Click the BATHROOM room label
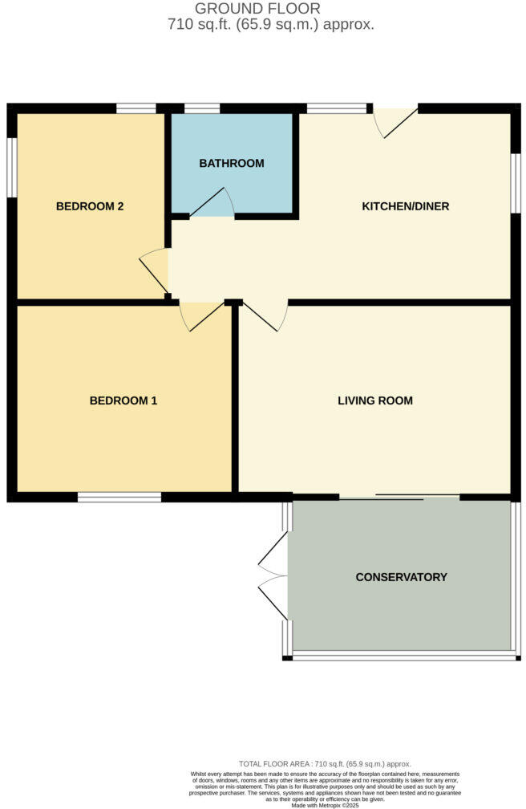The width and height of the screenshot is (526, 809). [x=232, y=164]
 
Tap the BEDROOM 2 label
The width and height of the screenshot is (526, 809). [x=90, y=206]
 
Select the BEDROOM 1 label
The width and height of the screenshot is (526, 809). [x=123, y=400]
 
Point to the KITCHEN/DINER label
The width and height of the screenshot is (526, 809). [x=406, y=206]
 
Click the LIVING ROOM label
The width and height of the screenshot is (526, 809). [x=375, y=400]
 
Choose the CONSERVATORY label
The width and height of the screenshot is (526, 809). [x=402, y=577]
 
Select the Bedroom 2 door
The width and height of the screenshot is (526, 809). [x=155, y=269]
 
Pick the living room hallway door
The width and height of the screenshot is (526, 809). [x=265, y=315]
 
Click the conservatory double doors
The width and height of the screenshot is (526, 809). [x=273, y=576]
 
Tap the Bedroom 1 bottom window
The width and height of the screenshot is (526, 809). [x=119, y=498]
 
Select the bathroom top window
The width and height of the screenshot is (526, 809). [x=202, y=108]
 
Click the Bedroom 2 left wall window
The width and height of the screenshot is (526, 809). [x=12, y=167]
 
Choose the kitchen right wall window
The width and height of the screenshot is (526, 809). [x=516, y=184]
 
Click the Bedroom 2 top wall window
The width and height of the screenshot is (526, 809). [x=136, y=108]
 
